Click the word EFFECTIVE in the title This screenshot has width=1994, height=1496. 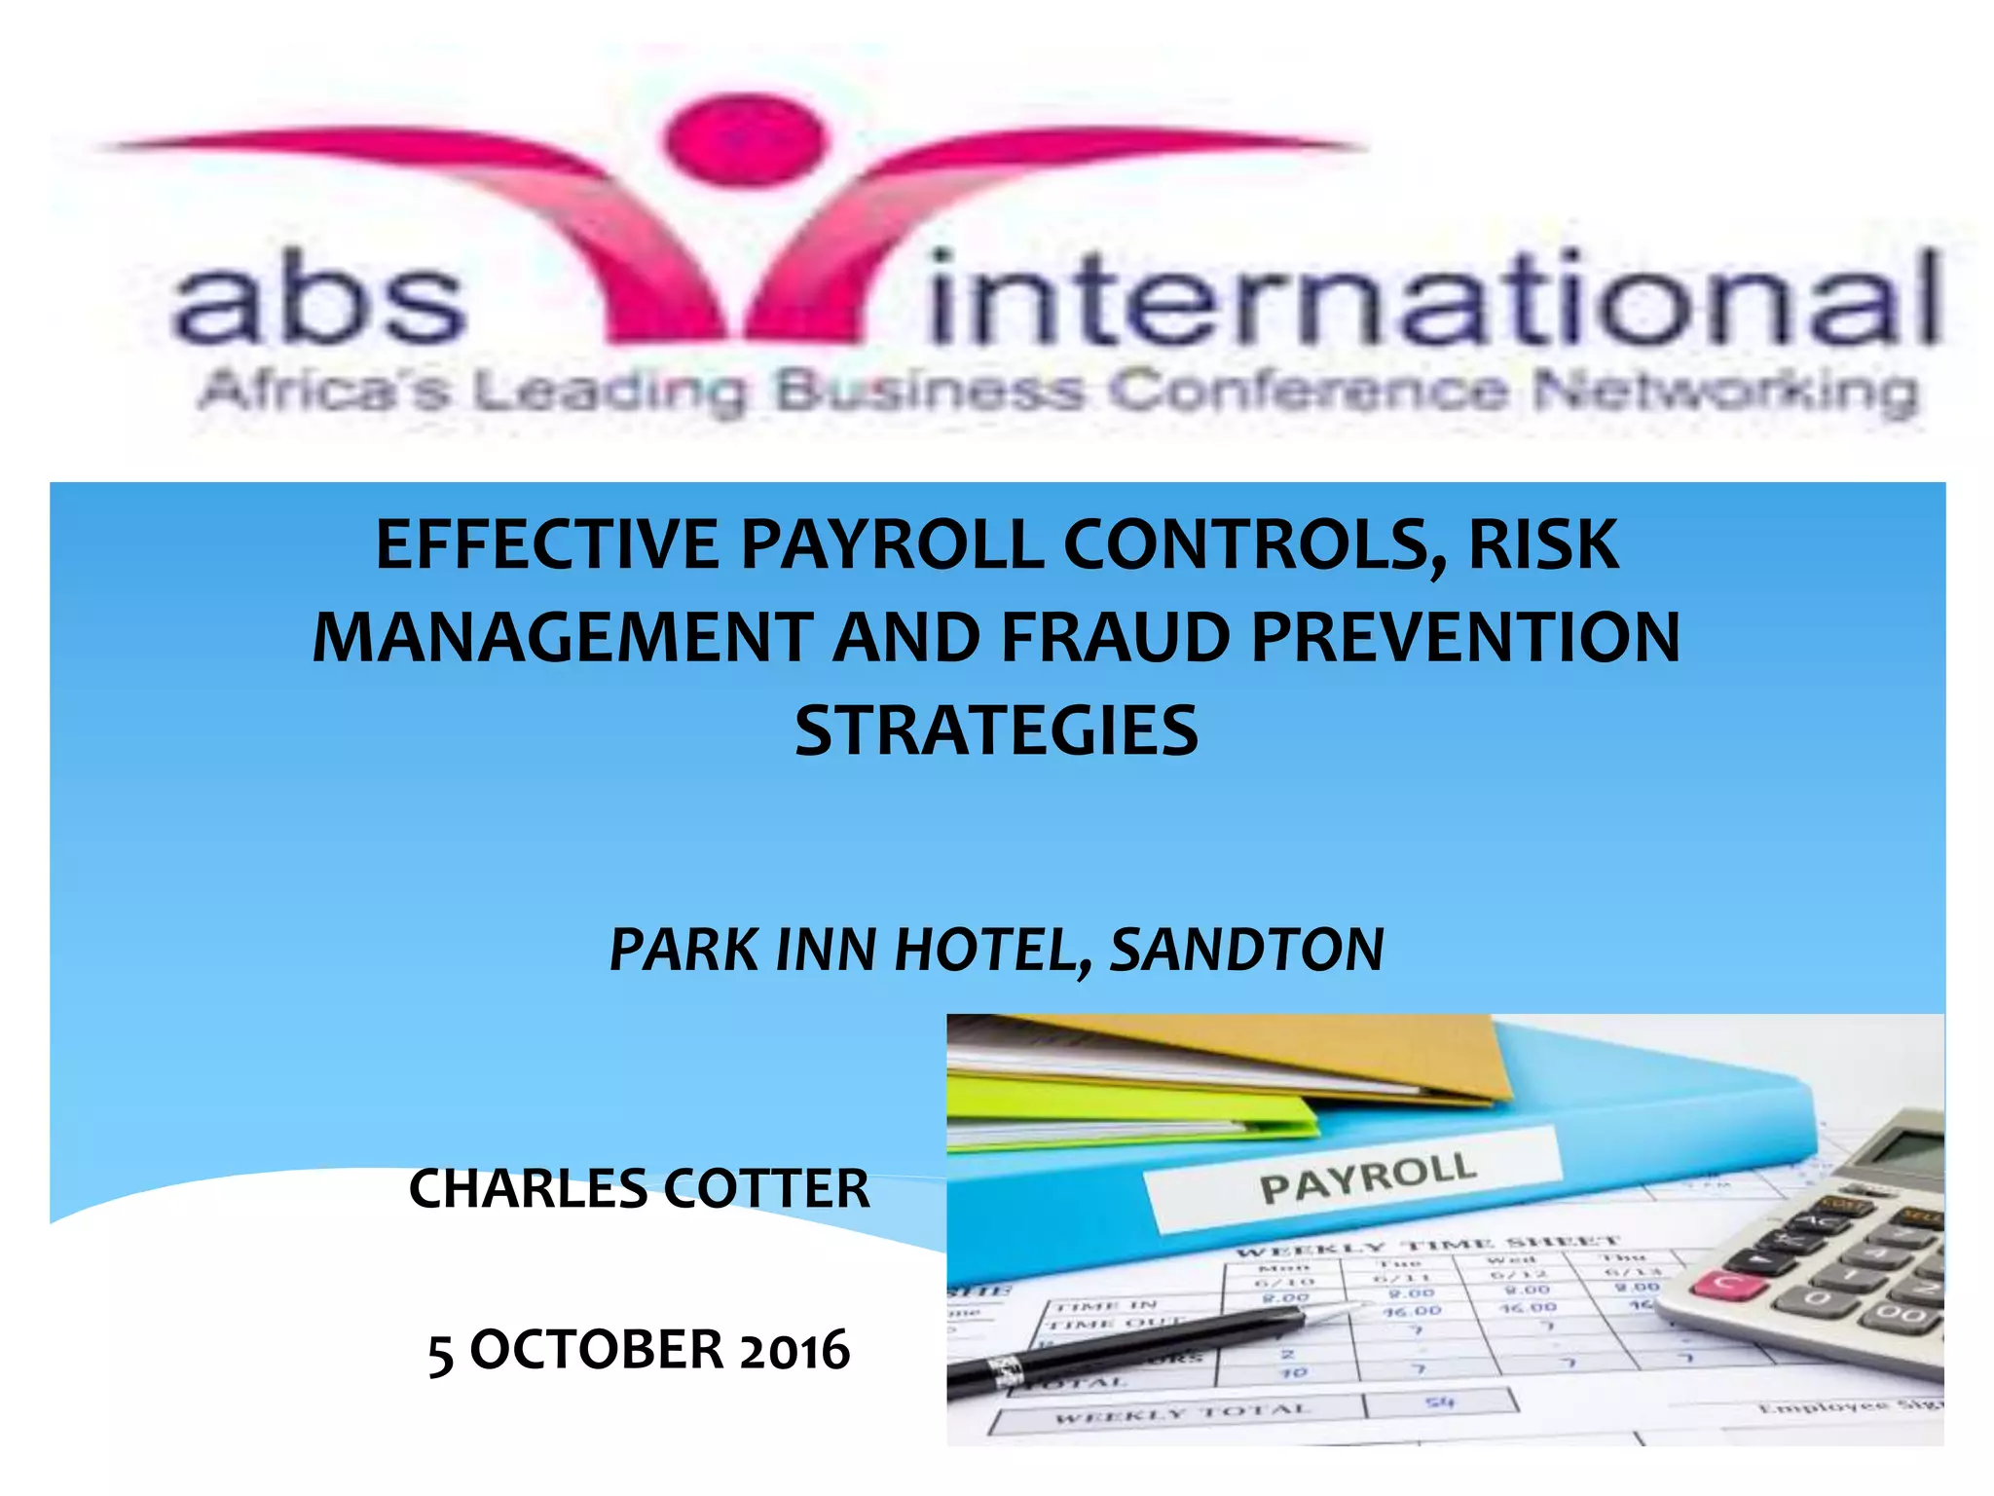[x=547, y=545]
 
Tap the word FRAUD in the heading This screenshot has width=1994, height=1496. [x=1116, y=638]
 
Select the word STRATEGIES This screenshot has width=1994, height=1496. [x=996, y=730]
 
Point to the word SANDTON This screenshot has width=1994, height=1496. [x=1247, y=950]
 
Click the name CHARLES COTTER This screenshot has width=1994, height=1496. [x=639, y=1189]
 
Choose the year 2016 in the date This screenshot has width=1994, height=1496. [x=794, y=1351]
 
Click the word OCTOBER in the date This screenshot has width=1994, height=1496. [x=596, y=1351]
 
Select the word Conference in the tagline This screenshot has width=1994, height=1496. [x=1309, y=392]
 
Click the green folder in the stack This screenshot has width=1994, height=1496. [x=1120, y=1110]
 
